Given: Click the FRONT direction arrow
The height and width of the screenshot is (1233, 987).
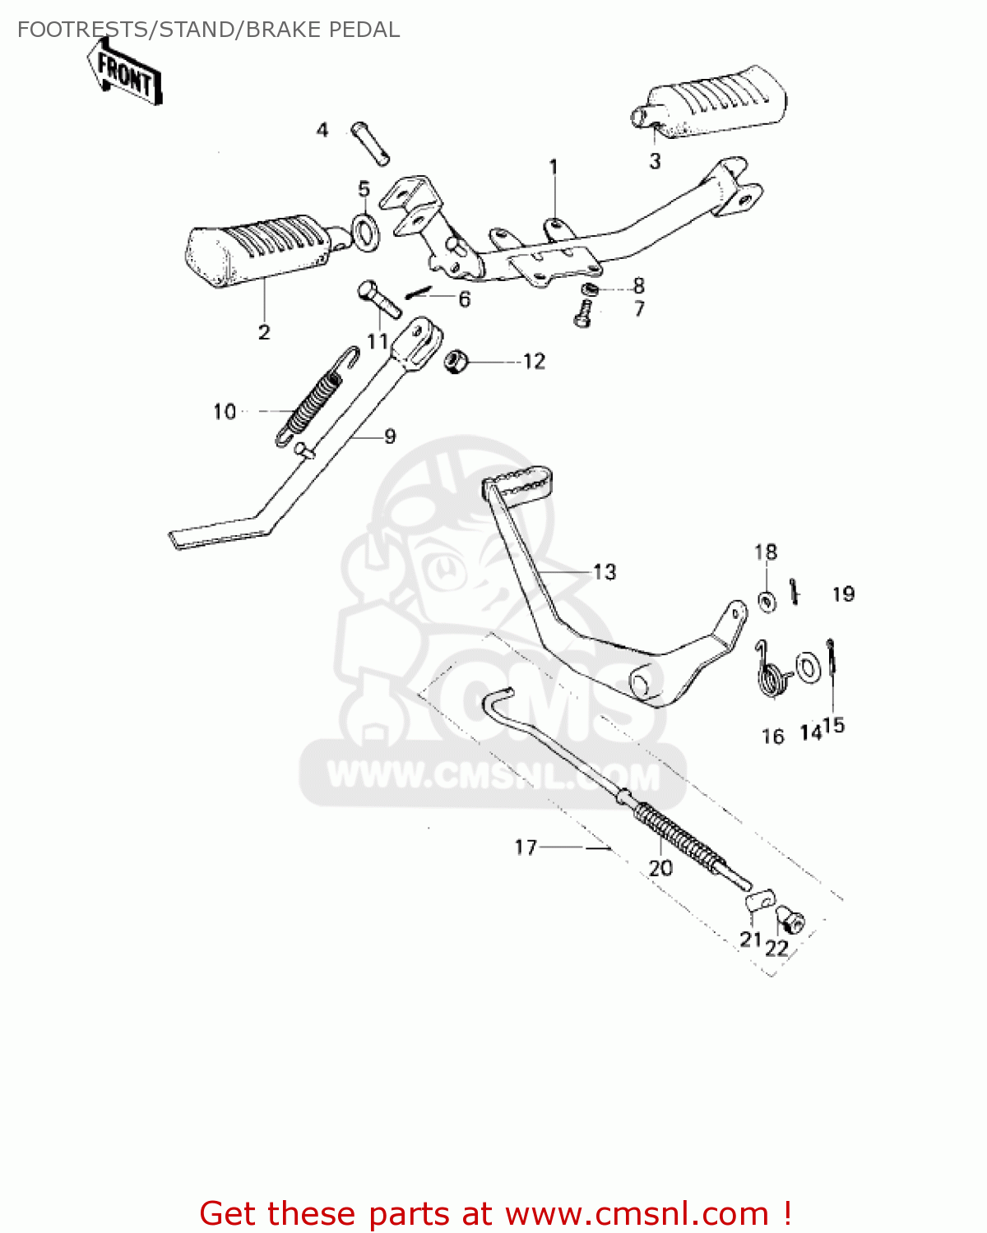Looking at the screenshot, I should (x=126, y=72).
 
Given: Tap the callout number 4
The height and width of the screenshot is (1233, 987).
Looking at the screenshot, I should (x=322, y=130).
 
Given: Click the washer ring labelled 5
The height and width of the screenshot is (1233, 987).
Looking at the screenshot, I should (x=366, y=232).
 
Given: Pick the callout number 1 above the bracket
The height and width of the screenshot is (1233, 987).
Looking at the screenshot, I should (x=554, y=167).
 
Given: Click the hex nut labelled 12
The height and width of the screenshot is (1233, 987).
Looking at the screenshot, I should (x=455, y=360).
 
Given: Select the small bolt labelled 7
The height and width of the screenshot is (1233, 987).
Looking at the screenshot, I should (x=583, y=314).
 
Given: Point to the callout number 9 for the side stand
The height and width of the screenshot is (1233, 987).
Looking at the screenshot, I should (x=390, y=436).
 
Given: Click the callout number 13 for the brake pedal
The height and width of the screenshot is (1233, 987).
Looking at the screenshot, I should (x=605, y=572).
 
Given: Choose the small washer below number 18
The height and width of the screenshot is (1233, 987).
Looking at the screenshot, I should (x=767, y=602).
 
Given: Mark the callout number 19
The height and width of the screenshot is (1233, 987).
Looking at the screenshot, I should (x=844, y=594).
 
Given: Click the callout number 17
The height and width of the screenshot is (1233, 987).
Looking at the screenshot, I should (x=526, y=847).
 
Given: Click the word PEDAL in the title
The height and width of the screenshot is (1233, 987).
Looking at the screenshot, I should (x=364, y=30).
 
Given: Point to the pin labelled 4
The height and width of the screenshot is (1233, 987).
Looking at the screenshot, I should (x=370, y=143).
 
